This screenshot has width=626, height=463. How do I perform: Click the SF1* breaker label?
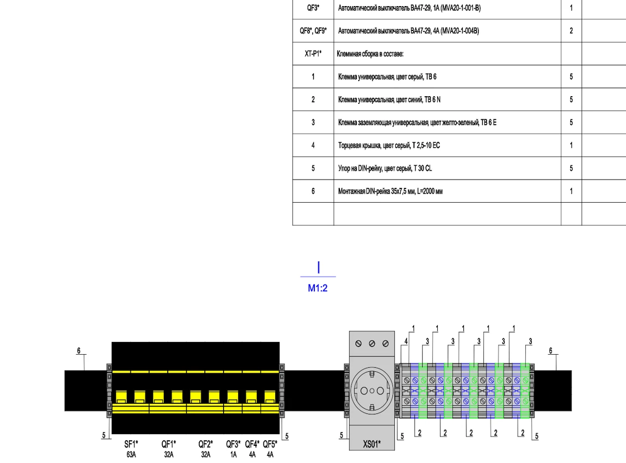pos(131,444)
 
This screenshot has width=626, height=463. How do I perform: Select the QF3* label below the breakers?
pos(233,444)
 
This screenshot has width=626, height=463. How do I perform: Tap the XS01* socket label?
pos(372,444)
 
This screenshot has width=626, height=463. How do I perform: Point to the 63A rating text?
pos(131,455)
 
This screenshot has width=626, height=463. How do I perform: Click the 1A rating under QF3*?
pos(234,455)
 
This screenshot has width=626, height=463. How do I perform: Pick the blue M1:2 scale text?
pos(318,288)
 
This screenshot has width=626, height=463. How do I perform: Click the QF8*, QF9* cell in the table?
pos(313,31)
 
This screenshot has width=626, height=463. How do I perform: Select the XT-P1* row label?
pos(313,54)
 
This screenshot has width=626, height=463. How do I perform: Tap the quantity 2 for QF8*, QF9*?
pos(571,31)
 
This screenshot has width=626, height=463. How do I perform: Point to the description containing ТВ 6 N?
pos(389,99)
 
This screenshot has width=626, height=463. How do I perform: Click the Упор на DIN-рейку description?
pos(385,169)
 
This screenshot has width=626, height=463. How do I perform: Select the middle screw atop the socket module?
pos(372,344)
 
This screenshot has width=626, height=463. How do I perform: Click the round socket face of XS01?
pos(372,391)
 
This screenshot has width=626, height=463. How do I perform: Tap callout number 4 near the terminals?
pos(406,341)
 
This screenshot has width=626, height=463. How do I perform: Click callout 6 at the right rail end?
pos(551,351)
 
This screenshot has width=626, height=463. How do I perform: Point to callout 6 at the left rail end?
pos(79,351)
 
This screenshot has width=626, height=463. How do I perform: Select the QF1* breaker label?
pos(168,444)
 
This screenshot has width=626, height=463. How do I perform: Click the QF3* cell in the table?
pos(313,8)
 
